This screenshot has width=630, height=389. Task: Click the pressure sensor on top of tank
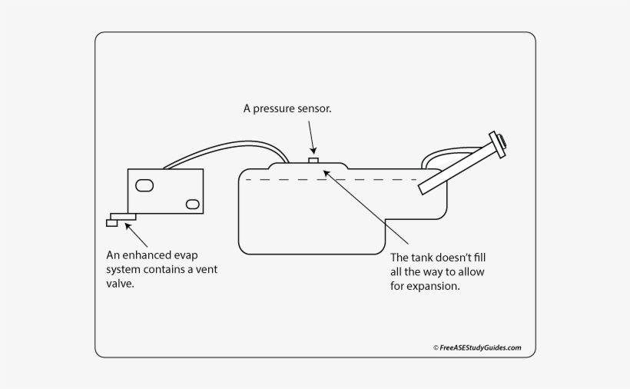(313, 160)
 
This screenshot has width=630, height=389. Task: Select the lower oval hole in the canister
(192, 204)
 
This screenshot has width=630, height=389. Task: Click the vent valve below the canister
(121, 219)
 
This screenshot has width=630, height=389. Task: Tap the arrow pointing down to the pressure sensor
(312, 142)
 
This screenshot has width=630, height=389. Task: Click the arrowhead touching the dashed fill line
(327, 174)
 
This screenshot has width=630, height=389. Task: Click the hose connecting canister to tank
(223, 146)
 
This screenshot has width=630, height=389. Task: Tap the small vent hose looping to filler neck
(438, 154)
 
